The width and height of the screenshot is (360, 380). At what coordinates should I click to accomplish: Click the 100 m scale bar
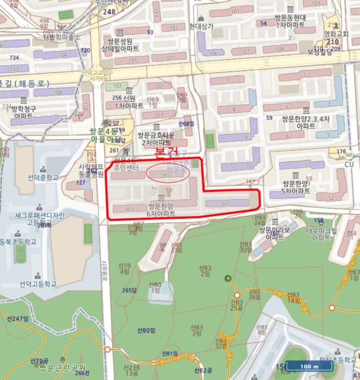coord(309,366)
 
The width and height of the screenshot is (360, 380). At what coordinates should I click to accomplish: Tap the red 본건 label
coord(167,150)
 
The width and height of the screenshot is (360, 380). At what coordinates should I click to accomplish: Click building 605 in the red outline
coord(226,203)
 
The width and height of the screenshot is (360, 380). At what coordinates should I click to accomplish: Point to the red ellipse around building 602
coord(169,174)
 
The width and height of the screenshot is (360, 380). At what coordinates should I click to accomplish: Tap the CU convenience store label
coord(349,164)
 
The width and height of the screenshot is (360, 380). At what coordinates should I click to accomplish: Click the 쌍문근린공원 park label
coord(61,368)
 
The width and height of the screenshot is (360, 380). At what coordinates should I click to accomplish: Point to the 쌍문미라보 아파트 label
coord(275,233)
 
